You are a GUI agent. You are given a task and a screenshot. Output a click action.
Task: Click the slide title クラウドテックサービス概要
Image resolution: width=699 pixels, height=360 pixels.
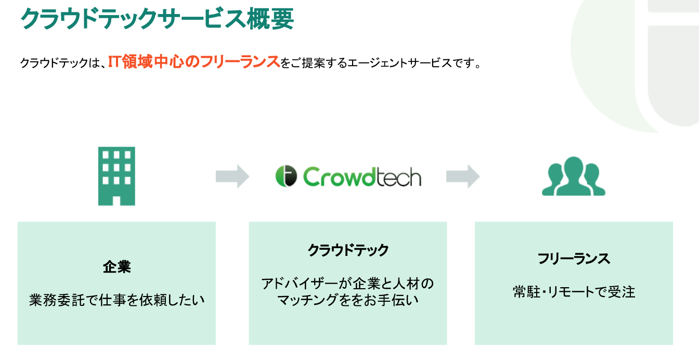(x=157, y=19)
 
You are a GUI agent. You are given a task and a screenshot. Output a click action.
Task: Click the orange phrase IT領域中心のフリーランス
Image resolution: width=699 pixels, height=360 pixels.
(x=194, y=62)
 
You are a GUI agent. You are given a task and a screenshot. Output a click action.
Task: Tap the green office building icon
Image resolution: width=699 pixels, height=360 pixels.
(x=116, y=175)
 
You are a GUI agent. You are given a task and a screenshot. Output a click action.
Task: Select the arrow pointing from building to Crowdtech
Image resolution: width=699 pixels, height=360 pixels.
(x=232, y=176)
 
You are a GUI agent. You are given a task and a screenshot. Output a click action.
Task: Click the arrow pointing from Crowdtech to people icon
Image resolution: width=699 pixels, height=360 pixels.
(x=463, y=176)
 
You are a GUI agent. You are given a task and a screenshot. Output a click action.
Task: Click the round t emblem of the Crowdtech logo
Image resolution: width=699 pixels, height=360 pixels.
(x=286, y=176)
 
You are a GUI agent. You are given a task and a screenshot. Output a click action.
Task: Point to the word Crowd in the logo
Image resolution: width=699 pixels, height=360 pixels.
(x=341, y=176)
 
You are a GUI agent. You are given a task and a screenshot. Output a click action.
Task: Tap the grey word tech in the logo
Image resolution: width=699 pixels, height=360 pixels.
(x=399, y=176)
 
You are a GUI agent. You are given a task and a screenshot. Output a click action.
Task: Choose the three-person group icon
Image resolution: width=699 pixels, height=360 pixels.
(x=574, y=176)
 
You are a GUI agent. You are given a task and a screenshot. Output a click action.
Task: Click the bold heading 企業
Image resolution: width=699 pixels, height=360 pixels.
(x=116, y=267)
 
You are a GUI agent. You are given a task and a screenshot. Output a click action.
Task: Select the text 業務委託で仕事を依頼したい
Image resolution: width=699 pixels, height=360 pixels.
(x=116, y=300)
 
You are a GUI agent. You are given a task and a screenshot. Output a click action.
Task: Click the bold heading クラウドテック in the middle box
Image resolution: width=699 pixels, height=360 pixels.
(x=348, y=250)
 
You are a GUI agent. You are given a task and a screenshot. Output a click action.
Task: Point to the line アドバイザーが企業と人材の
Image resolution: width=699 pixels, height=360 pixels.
(x=347, y=284)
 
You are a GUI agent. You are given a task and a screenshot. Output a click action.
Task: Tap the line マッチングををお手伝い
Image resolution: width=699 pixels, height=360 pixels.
(x=347, y=300)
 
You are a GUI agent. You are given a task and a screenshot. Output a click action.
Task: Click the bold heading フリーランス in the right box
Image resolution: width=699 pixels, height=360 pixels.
(x=574, y=259)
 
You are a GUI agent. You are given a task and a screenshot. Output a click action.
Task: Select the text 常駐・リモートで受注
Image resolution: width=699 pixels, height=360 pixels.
(x=574, y=292)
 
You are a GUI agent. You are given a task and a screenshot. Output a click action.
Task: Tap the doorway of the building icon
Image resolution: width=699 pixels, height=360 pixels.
(x=116, y=200)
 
